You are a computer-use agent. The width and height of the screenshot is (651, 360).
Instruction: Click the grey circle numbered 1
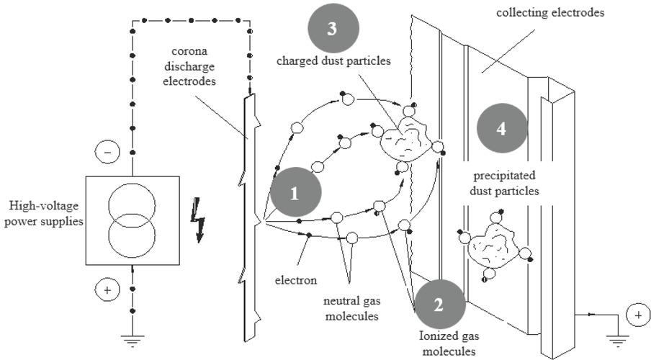point(295,193)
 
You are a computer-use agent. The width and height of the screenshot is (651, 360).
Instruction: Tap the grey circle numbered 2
point(439,304)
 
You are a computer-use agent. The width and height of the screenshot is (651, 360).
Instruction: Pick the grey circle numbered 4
point(502,128)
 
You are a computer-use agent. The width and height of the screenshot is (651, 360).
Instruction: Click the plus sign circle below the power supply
point(107,290)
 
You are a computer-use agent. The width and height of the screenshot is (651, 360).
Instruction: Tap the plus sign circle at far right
point(638,315)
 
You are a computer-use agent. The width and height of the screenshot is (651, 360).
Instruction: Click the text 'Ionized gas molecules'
point(446,343)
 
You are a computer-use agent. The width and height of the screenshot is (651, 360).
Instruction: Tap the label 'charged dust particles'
point(333,61)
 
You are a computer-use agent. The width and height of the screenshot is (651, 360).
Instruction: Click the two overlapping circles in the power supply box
point(133,220)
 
